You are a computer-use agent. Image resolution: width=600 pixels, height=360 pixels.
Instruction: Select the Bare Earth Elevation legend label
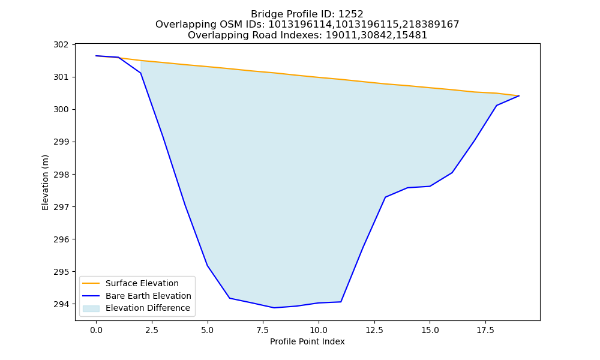[148, 296]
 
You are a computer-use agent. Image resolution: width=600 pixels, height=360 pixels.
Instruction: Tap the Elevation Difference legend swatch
[91, 308]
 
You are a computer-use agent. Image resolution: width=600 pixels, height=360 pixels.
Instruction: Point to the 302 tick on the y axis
[61, 45]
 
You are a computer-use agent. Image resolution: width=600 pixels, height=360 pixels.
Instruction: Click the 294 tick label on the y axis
[61, 305]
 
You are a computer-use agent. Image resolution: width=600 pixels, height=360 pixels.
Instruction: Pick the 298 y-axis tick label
[61, 175]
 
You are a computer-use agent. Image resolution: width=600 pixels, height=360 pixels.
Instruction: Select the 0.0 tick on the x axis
[96, 330]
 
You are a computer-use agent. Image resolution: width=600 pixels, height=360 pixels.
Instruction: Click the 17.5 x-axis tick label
[485, 330]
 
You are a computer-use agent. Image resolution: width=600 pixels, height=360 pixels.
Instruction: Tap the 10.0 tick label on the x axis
[319, 330]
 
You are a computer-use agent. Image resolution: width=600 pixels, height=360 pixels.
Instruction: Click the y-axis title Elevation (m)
[45, 182]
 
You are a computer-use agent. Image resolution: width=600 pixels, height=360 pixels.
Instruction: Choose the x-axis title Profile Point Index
[307, 341]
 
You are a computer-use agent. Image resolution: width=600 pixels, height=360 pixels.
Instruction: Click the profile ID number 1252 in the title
[351, 14]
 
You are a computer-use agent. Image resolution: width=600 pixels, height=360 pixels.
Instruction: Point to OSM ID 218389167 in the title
[430, 25]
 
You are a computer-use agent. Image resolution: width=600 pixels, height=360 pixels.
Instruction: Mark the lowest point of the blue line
[274, 308]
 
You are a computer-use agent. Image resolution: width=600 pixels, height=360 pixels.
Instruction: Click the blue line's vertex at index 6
[230, 298]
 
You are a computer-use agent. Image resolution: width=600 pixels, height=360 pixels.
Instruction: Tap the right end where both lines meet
[519, 95]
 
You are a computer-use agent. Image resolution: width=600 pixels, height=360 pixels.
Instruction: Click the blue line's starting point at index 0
[96, 56]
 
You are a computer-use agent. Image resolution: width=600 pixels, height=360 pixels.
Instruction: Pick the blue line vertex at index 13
[385, 197]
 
